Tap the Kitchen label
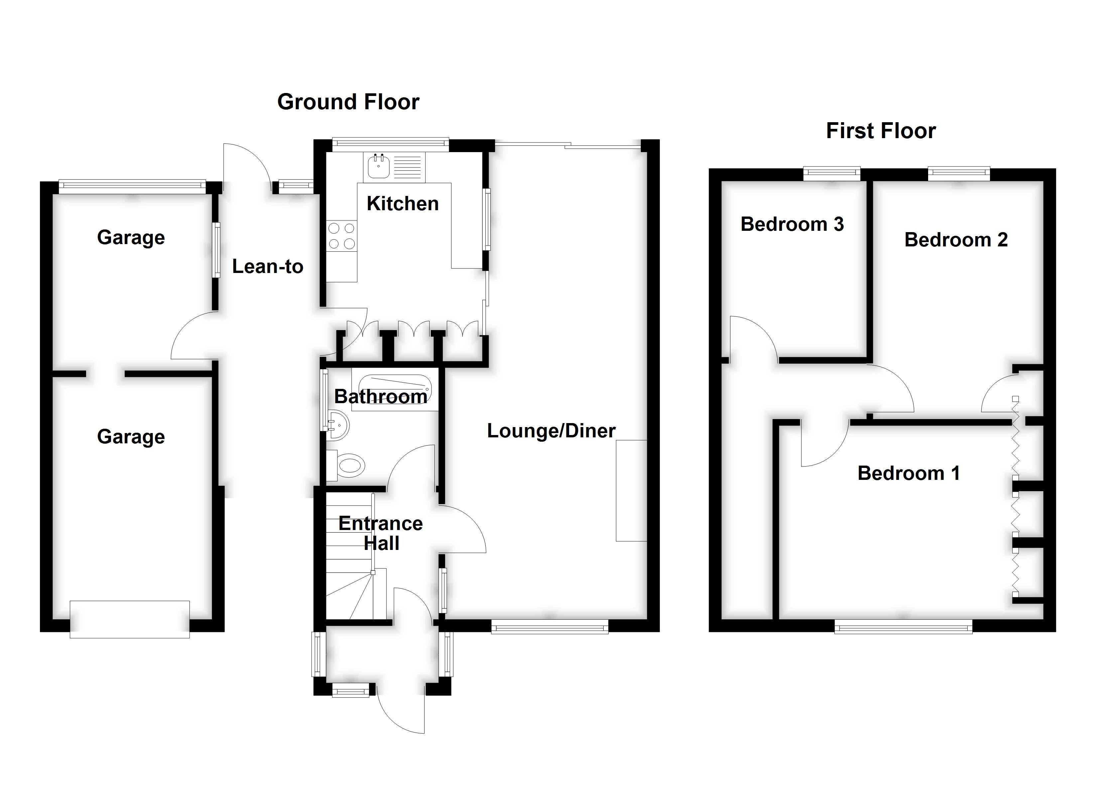pos(403,204)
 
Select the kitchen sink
pos(378,166)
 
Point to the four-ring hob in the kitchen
pos(341,236)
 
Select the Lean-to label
pos(268,266)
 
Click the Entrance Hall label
pos(381,533)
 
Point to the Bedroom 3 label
pos(792,224)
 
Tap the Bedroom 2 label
pos(956,240)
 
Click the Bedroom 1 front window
pos(903,628)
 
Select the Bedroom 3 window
pos(832,173)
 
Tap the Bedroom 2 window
pos(959,173)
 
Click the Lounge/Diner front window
pos(550,628)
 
